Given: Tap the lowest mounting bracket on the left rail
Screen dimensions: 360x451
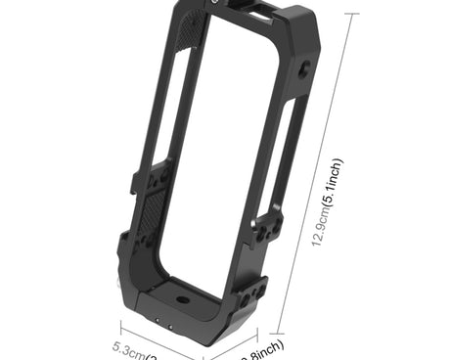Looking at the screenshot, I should [123, 245].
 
